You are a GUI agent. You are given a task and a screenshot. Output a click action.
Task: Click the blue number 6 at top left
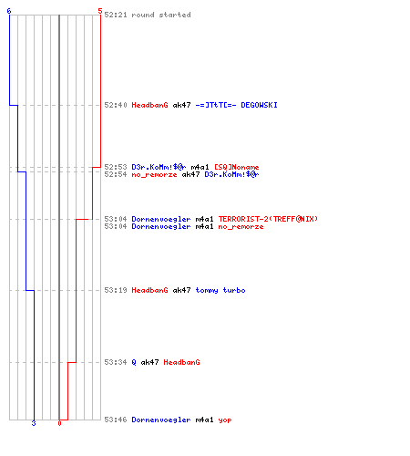tap(9, 11)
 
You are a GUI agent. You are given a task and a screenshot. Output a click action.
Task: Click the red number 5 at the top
tap(100, 11)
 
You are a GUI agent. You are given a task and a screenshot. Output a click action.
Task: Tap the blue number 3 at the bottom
tap(34, 423)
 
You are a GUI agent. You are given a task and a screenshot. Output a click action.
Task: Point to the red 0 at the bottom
tap(59, 423)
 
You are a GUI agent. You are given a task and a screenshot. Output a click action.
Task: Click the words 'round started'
tap(161, 15)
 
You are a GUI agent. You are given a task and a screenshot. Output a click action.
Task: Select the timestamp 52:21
tap(116, 15)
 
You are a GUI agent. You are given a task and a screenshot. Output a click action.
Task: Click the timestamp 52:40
tap(116, 105)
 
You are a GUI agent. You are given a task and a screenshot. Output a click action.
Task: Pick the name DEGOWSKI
tap(259, 105)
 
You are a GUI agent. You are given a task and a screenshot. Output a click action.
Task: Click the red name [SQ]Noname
tap(237, 167)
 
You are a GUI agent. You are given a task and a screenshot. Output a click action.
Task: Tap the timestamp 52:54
tap(116, 174)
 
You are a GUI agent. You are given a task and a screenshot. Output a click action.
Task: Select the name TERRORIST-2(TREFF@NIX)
tap(268, 219)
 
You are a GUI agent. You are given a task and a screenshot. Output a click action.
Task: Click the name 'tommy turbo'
tap(220, 290)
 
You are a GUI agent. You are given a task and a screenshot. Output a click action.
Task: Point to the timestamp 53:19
tap(116, 290)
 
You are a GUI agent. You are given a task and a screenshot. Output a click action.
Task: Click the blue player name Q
tap(134, 362)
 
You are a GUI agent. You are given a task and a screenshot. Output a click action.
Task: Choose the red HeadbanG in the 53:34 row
tap(181, 362)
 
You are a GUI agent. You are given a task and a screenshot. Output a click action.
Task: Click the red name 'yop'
tap(225, 420)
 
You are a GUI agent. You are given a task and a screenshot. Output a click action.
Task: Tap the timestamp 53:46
tap(116, 420)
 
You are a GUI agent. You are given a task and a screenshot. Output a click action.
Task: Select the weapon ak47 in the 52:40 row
tap(181, 105)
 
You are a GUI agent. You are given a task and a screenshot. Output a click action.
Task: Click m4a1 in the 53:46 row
tap(204, 420)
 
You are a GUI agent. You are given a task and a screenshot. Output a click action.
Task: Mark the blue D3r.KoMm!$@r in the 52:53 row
tap(159, 167)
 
